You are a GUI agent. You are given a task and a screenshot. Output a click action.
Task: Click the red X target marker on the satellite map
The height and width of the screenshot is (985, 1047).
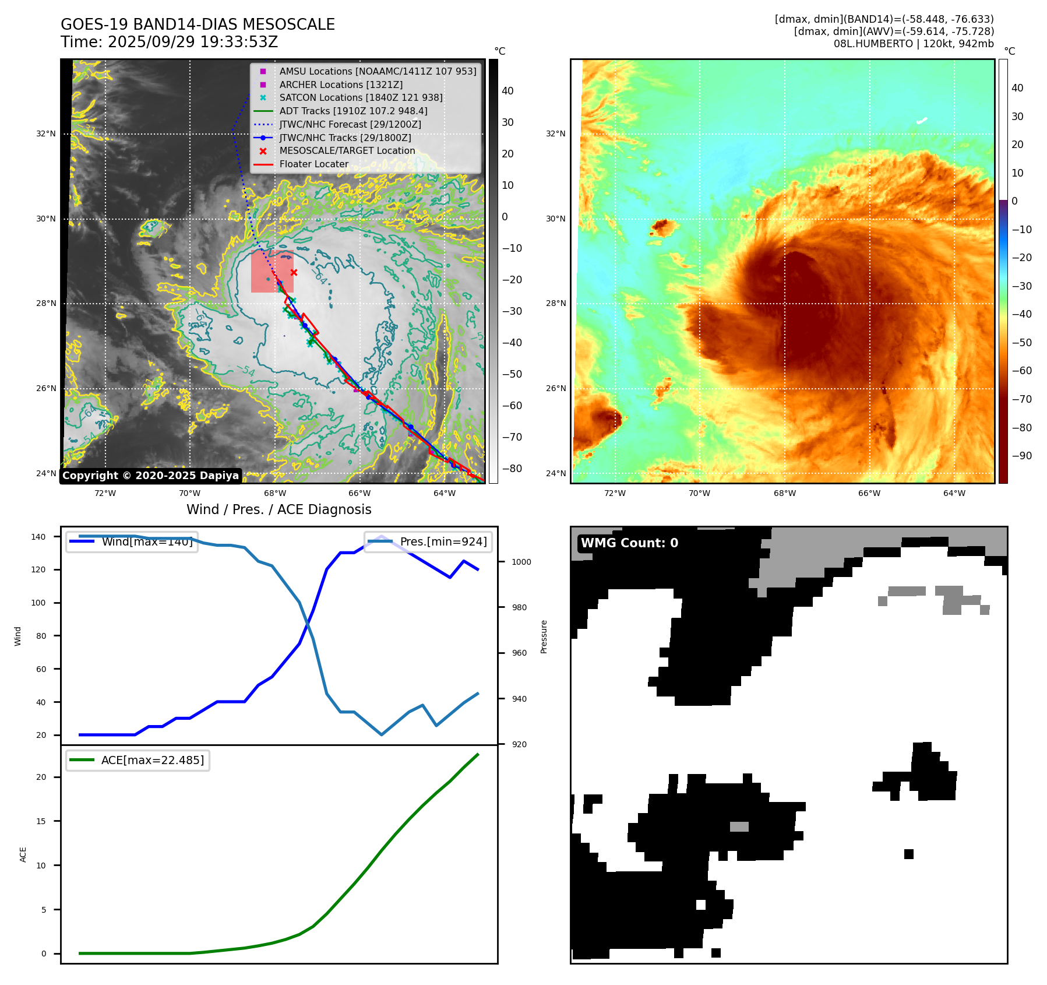(x=294, y=272)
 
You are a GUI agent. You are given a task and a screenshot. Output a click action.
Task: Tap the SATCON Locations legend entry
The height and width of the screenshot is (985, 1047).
(x=361, y=97)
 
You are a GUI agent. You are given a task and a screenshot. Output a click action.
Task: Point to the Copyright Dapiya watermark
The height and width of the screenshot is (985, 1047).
(x=150, y=476)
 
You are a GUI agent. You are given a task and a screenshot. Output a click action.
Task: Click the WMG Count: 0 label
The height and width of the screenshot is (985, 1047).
(x=629, y=543)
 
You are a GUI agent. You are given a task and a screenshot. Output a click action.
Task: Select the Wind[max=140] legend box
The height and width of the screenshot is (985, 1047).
(x=132, y=541)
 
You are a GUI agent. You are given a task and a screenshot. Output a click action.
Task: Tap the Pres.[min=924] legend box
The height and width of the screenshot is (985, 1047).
(x=428, y=541)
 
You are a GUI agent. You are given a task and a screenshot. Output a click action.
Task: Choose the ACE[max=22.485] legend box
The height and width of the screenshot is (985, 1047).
(x=138, y=760)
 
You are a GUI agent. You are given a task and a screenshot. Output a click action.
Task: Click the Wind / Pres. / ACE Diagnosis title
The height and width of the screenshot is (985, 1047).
(x=279, y=509)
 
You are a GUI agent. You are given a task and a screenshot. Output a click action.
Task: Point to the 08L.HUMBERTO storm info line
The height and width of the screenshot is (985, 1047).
(x=913, y=44)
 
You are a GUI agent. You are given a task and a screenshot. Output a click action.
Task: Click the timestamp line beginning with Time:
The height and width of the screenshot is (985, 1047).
(x=169, y=42)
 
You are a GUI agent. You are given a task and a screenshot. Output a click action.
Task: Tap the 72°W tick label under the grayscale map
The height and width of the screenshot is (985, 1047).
(x=105, y=493)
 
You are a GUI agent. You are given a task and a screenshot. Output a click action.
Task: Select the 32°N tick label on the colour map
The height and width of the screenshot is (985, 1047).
(x=555, y=133)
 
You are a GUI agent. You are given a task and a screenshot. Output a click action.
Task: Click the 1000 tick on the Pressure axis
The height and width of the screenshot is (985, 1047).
(x=521, y=562)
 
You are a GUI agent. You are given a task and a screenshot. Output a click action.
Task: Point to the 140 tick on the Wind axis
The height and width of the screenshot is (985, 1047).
(x=38, y=537)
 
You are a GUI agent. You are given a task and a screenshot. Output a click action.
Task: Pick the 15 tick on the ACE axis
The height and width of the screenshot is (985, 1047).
(x=41, y=821)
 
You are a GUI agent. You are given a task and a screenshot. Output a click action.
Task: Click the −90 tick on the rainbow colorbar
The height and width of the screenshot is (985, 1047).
(x=1021, y=456)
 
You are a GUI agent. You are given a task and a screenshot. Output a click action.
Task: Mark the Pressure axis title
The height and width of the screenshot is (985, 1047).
(x=544, y=636)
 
